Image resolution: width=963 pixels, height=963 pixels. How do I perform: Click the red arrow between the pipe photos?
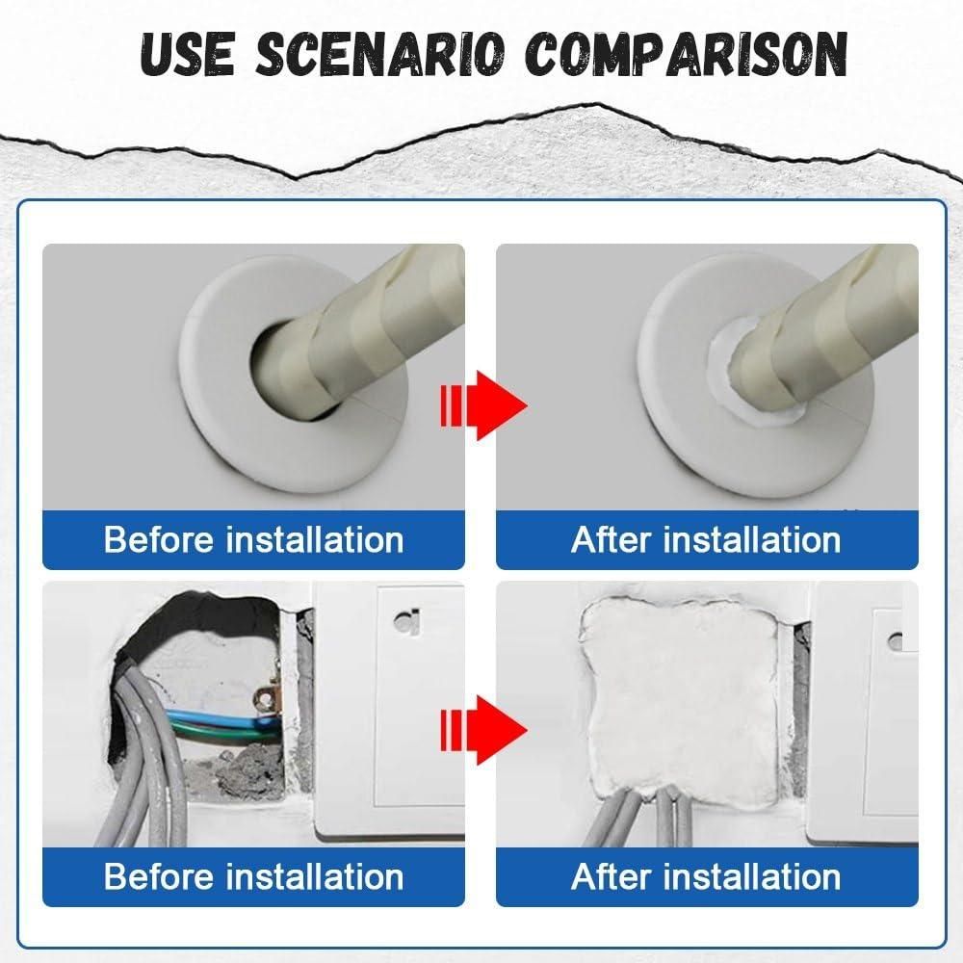coord(481,404)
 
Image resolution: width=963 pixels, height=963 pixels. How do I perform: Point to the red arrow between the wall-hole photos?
coord(481,730)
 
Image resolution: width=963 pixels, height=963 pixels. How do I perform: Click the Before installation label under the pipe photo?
coord(253,539)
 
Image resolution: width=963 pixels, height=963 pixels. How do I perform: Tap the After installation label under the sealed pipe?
coord(706,539)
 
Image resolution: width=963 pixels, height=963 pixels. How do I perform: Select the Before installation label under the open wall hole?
coord(253,876)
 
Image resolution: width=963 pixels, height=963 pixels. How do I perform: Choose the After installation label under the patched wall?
coord(706,876)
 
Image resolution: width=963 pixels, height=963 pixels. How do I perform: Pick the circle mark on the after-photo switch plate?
coord(896,638)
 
